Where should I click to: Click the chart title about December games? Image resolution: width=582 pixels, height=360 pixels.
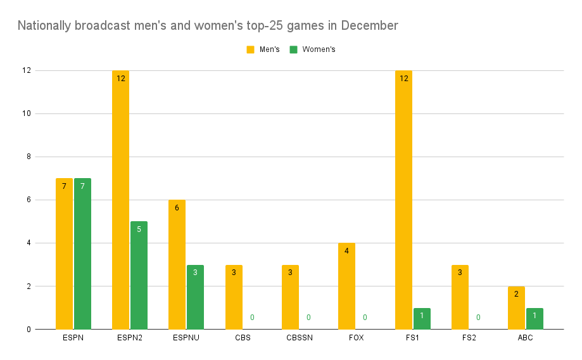coord(208,26)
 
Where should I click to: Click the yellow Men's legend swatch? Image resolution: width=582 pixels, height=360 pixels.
coord(250,49)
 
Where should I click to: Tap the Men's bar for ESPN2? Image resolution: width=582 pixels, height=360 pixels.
coord(120,200)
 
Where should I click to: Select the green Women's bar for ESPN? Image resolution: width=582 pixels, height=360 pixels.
coord(82,254)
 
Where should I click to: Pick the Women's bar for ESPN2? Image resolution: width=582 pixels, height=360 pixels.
coord(139,275)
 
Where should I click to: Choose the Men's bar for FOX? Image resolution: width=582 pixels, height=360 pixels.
coord(346,286)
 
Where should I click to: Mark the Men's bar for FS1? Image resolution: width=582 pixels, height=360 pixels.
coord(403,200)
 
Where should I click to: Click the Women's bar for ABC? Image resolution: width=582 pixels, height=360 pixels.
coord(535,318)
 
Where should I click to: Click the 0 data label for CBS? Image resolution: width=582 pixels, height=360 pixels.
coord(252,317)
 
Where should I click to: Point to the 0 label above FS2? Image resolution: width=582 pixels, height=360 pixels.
coord(478,317)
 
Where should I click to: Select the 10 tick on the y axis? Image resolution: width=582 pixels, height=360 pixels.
coord(26,113)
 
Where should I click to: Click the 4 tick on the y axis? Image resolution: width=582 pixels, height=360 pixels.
coord(28,243)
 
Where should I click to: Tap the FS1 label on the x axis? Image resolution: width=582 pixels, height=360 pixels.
coord(412,338)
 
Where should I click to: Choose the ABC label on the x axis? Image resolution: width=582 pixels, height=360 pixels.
coord(525,338)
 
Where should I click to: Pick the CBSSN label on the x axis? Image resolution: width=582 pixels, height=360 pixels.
coord(299,338)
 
